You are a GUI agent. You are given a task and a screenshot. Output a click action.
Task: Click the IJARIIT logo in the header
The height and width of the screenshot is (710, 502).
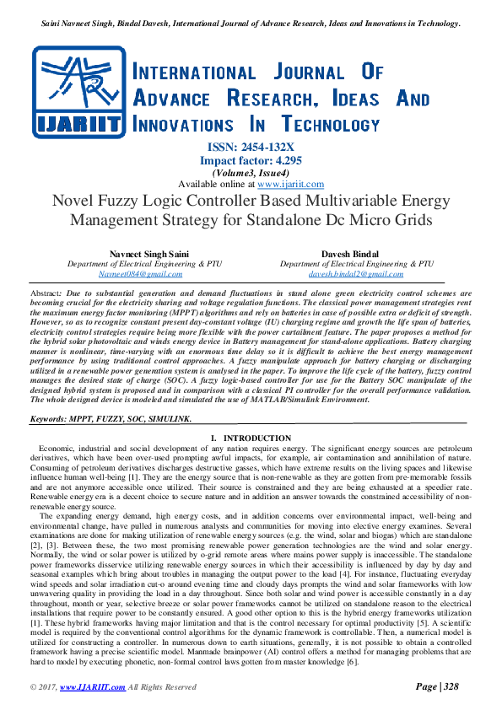click(78, 92)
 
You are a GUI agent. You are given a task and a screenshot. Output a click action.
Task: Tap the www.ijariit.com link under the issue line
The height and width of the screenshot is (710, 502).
click(290, 184)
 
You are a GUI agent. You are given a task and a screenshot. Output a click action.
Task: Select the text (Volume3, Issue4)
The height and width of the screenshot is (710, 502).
click(251, 172)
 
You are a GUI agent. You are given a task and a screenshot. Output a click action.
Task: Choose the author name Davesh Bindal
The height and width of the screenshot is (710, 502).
click(355, 254)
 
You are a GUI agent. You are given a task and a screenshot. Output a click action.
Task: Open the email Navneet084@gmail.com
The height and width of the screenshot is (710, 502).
click(140, 274)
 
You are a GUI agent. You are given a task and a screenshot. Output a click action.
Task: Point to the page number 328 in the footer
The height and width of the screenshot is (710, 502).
click(451, 687)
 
